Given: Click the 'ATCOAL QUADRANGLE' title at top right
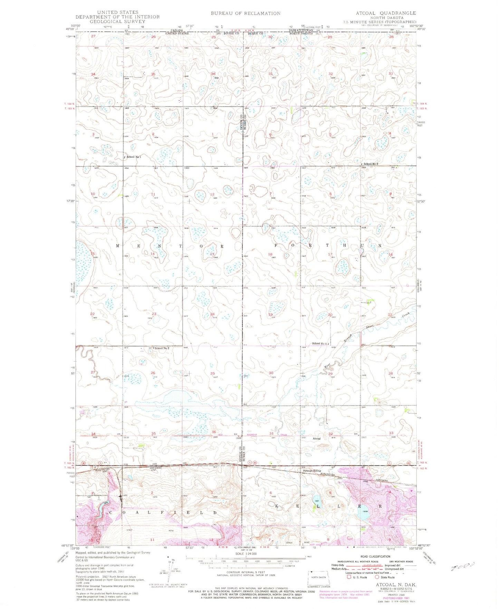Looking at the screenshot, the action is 386,13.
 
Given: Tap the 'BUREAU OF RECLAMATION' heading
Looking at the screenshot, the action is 246,13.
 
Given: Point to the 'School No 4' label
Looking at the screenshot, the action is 319,344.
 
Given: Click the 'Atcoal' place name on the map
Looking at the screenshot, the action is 317,439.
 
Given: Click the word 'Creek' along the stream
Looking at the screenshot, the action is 405,315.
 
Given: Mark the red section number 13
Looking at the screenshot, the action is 212,254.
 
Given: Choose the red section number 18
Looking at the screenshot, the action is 270,254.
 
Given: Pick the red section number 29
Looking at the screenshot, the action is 330,374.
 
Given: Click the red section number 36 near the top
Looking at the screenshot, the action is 213,74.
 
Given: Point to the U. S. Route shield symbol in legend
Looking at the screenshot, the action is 344,577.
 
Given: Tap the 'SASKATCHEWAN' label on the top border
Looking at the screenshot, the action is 301,30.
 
